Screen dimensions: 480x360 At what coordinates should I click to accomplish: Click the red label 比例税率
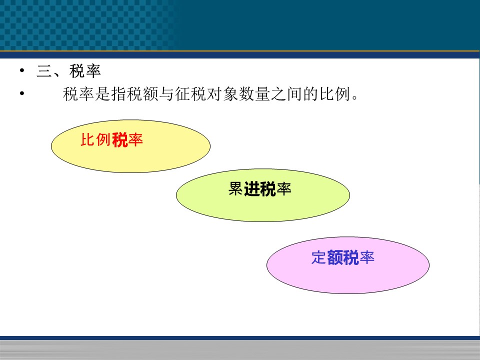(111, 140)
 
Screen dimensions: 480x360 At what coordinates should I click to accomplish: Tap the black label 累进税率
(259, 188)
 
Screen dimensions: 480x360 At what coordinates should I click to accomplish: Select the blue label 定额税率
(343, 257)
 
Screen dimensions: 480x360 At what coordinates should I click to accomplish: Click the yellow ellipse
(130, 146)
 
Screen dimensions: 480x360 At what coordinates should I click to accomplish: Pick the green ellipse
(263, 195)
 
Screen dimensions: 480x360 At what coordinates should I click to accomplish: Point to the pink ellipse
(348, 265)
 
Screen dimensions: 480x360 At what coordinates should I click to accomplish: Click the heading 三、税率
(69, 71)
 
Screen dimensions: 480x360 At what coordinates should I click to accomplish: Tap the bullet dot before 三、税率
(21, 70)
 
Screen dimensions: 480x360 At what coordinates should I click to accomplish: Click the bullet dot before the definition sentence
(21, 93)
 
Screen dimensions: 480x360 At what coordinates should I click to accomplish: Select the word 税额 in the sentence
(142, 93)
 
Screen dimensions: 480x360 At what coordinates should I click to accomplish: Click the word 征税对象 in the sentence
(206, 93)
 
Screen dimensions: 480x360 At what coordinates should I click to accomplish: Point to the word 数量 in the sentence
(254, 93)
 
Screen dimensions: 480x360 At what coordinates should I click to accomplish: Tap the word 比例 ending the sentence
(335, 93)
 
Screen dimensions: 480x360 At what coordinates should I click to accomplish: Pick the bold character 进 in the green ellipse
(252, 188)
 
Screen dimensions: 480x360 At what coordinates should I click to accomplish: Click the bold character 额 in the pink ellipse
(335, 257)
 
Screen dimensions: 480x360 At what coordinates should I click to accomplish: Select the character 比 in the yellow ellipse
(88, 140)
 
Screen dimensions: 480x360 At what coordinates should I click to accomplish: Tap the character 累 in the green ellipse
(235, 188)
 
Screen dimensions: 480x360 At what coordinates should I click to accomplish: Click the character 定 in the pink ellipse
(319, 257)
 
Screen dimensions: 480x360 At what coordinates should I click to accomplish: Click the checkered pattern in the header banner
(87, 25)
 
